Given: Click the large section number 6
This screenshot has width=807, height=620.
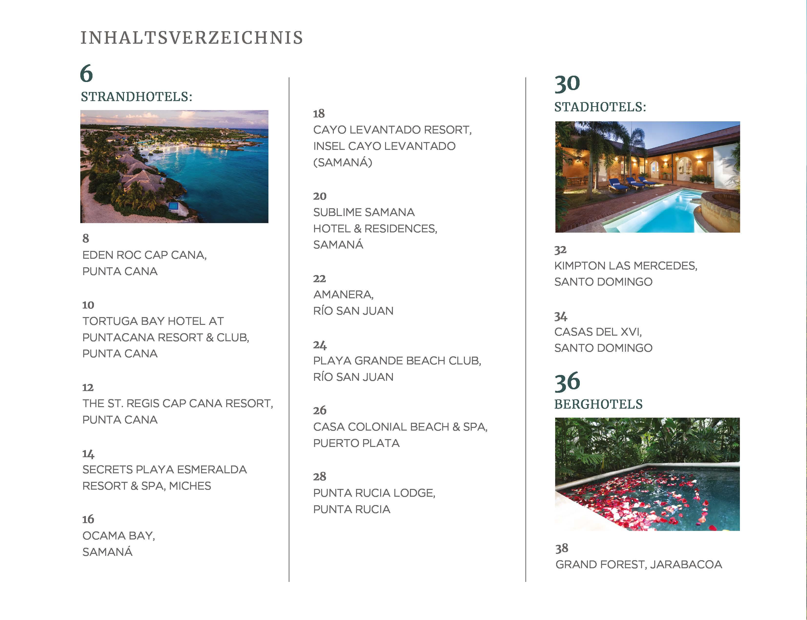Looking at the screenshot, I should tap(86, 73).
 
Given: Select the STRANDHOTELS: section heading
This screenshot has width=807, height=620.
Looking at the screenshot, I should tap(136, 97).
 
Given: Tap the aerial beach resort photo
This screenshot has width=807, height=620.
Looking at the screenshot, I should tap(174, 166).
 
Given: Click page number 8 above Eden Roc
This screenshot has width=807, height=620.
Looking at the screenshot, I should tap(86, 238).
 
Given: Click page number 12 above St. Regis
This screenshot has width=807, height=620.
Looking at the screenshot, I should tap(88, 388).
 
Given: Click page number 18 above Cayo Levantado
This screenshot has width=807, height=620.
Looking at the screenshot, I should tap(319, 114).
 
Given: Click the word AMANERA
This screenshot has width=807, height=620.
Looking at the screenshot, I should tap(343, 294).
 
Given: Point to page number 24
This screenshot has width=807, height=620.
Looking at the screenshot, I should tap(319, 345).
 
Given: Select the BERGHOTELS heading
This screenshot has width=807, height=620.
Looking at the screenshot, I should tap(598, 404).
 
